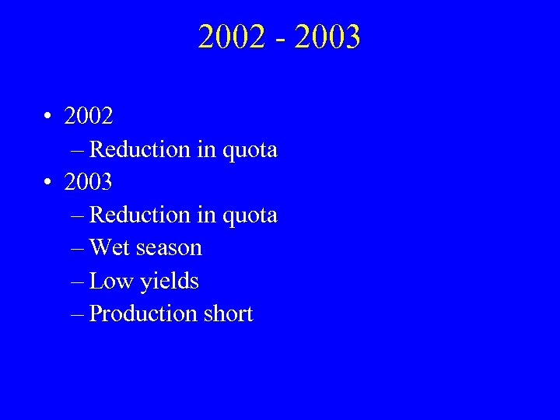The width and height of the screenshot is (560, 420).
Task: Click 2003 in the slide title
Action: coord(329,37)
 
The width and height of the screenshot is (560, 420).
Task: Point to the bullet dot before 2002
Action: coord(48,117)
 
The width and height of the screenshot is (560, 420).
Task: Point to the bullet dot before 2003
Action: coord(48,183)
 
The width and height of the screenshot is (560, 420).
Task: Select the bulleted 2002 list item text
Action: coord(89,117)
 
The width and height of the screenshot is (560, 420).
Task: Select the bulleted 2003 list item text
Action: coord(89,182)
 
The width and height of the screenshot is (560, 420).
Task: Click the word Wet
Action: coord(109,248)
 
